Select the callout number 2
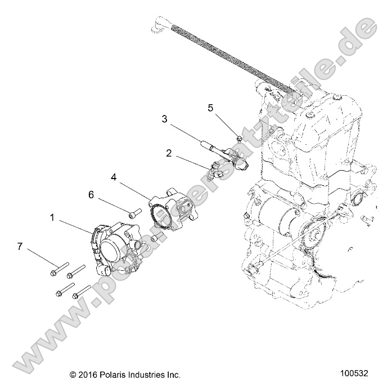tap(168, 153)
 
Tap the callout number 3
tap(164, 119)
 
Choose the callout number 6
tap(91, 194)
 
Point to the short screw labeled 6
tap(134, 213)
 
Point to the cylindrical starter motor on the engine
tap(280, 217)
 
